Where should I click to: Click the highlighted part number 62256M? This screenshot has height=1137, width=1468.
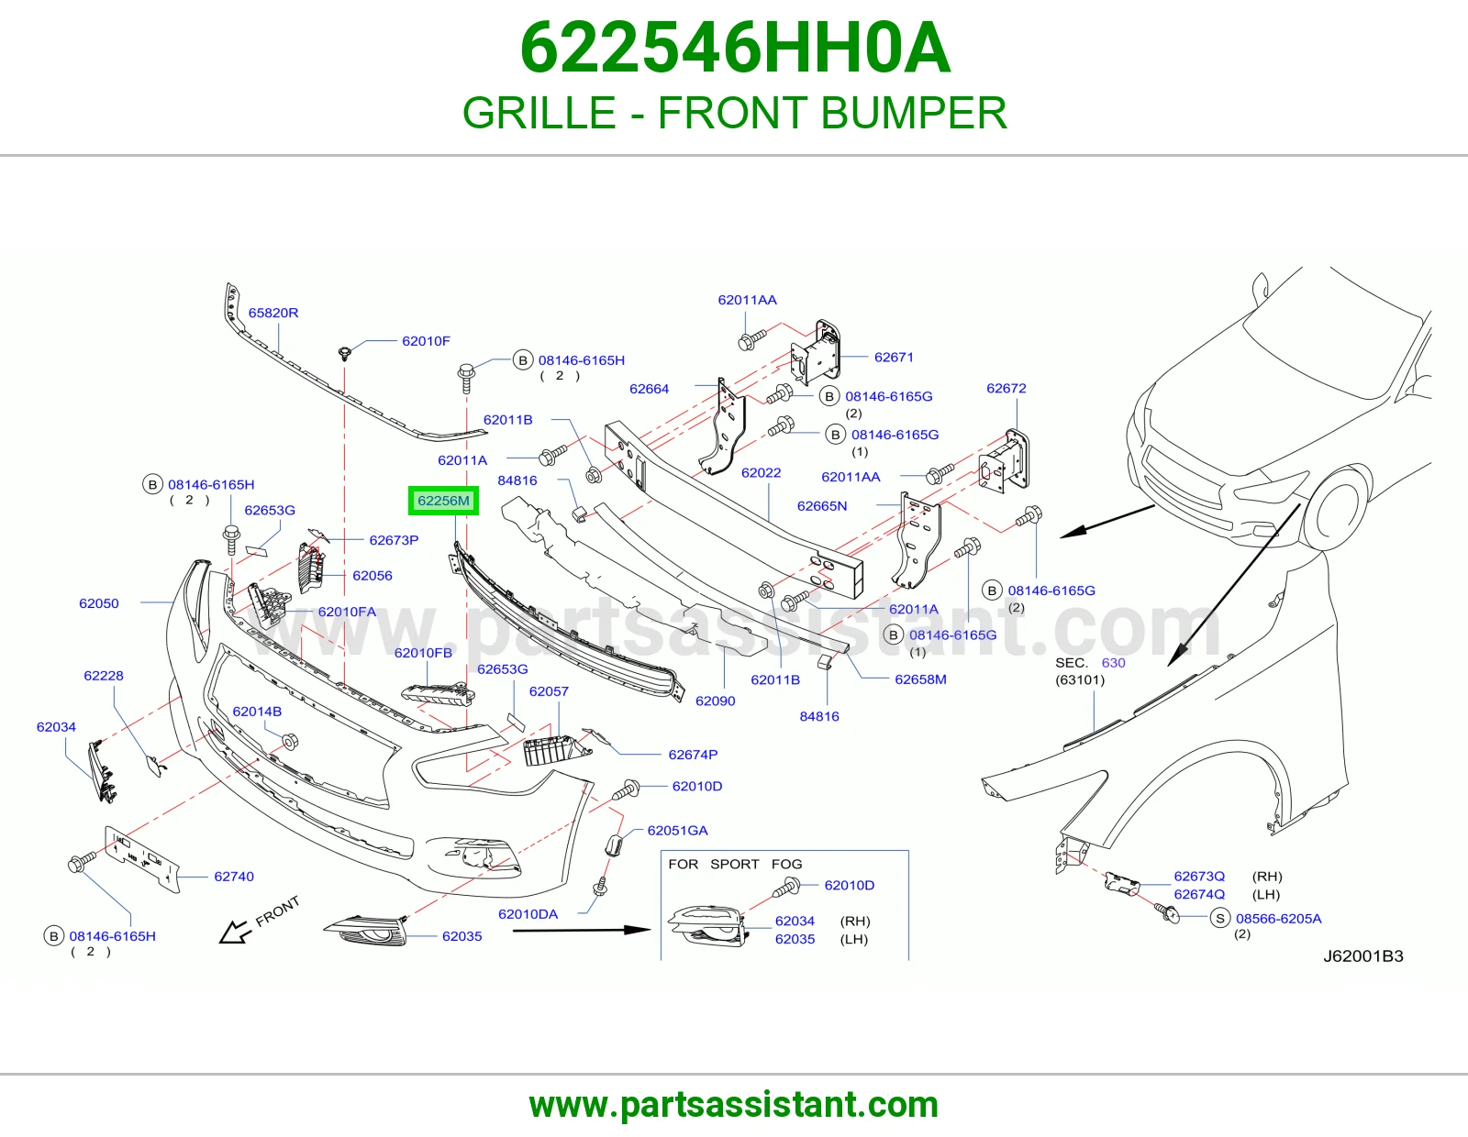tap(443, 501)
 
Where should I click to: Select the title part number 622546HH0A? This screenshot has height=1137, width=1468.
tap(735, 49)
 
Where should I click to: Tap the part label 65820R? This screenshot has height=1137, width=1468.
tap(272, 313)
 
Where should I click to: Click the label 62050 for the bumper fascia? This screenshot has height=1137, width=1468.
tap(99, 603)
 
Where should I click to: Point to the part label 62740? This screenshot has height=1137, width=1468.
tap(234, 877)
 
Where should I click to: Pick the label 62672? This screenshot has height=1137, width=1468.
tap(1006, 388)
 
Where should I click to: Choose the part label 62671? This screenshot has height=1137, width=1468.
tap(894, 358)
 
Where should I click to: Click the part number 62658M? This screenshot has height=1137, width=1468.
tap(920, 679)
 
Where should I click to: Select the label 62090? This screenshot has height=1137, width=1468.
tap(715, 701)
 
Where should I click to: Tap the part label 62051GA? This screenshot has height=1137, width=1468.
tap(678, 831)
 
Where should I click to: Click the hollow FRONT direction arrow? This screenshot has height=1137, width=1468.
tap(234, 932)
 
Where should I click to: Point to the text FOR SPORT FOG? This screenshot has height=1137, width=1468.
tap(735, 865)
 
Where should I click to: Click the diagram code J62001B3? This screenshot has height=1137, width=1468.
tap(1362, 956)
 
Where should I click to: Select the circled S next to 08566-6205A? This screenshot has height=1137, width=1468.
tap(1220, 918)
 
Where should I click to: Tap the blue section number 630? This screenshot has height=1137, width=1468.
tap(1113, 662)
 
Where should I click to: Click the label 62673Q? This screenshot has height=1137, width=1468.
tap(1199, 877)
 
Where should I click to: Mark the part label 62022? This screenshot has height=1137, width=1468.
tap(761, 472)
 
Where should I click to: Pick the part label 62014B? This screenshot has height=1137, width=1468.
tap(257, 711)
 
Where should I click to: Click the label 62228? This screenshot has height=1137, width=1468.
tap(104, 675)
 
